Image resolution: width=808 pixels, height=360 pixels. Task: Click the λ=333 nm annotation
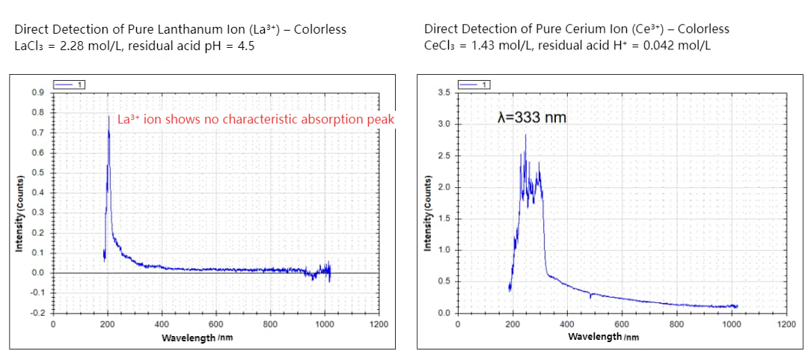532,118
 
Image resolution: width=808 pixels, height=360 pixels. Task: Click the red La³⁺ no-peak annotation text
255,119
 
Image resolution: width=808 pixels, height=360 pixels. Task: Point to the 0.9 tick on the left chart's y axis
37,92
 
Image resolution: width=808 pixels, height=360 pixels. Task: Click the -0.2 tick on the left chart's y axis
36,312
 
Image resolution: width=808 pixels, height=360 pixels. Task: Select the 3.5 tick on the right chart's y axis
444,93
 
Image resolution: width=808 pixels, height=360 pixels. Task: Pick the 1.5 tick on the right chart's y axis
444,219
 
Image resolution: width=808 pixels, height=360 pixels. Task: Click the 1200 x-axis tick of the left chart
379,324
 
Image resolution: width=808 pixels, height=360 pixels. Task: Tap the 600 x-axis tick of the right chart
622,324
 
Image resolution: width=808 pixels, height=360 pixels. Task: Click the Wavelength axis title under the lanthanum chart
197,338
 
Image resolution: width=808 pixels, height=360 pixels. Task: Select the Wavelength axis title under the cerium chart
603,337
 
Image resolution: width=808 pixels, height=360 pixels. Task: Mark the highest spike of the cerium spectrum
525,135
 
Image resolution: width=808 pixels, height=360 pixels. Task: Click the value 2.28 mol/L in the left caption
79,45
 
